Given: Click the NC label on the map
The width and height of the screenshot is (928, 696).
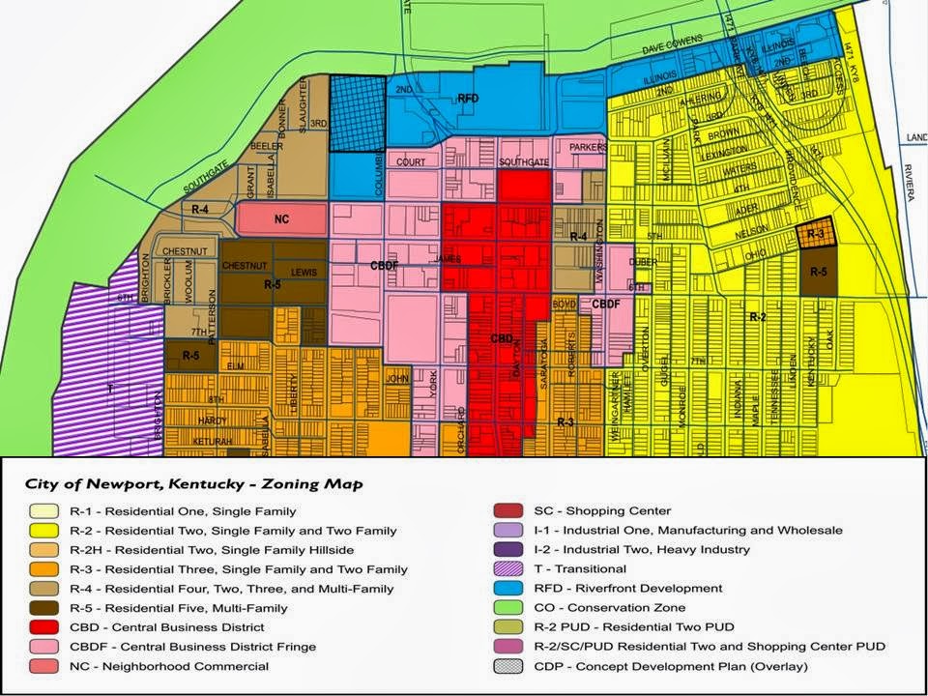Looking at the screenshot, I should pos(281,219).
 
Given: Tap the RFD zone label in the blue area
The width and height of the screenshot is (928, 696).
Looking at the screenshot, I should pos(468,98).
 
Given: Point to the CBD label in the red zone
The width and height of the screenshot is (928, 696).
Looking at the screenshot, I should pos(502,339).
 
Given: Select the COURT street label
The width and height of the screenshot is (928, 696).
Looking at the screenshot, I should pos(411,162).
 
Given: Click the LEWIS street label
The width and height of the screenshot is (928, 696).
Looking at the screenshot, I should pos(304,274).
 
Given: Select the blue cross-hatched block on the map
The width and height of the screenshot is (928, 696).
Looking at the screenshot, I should pos(357,114).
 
